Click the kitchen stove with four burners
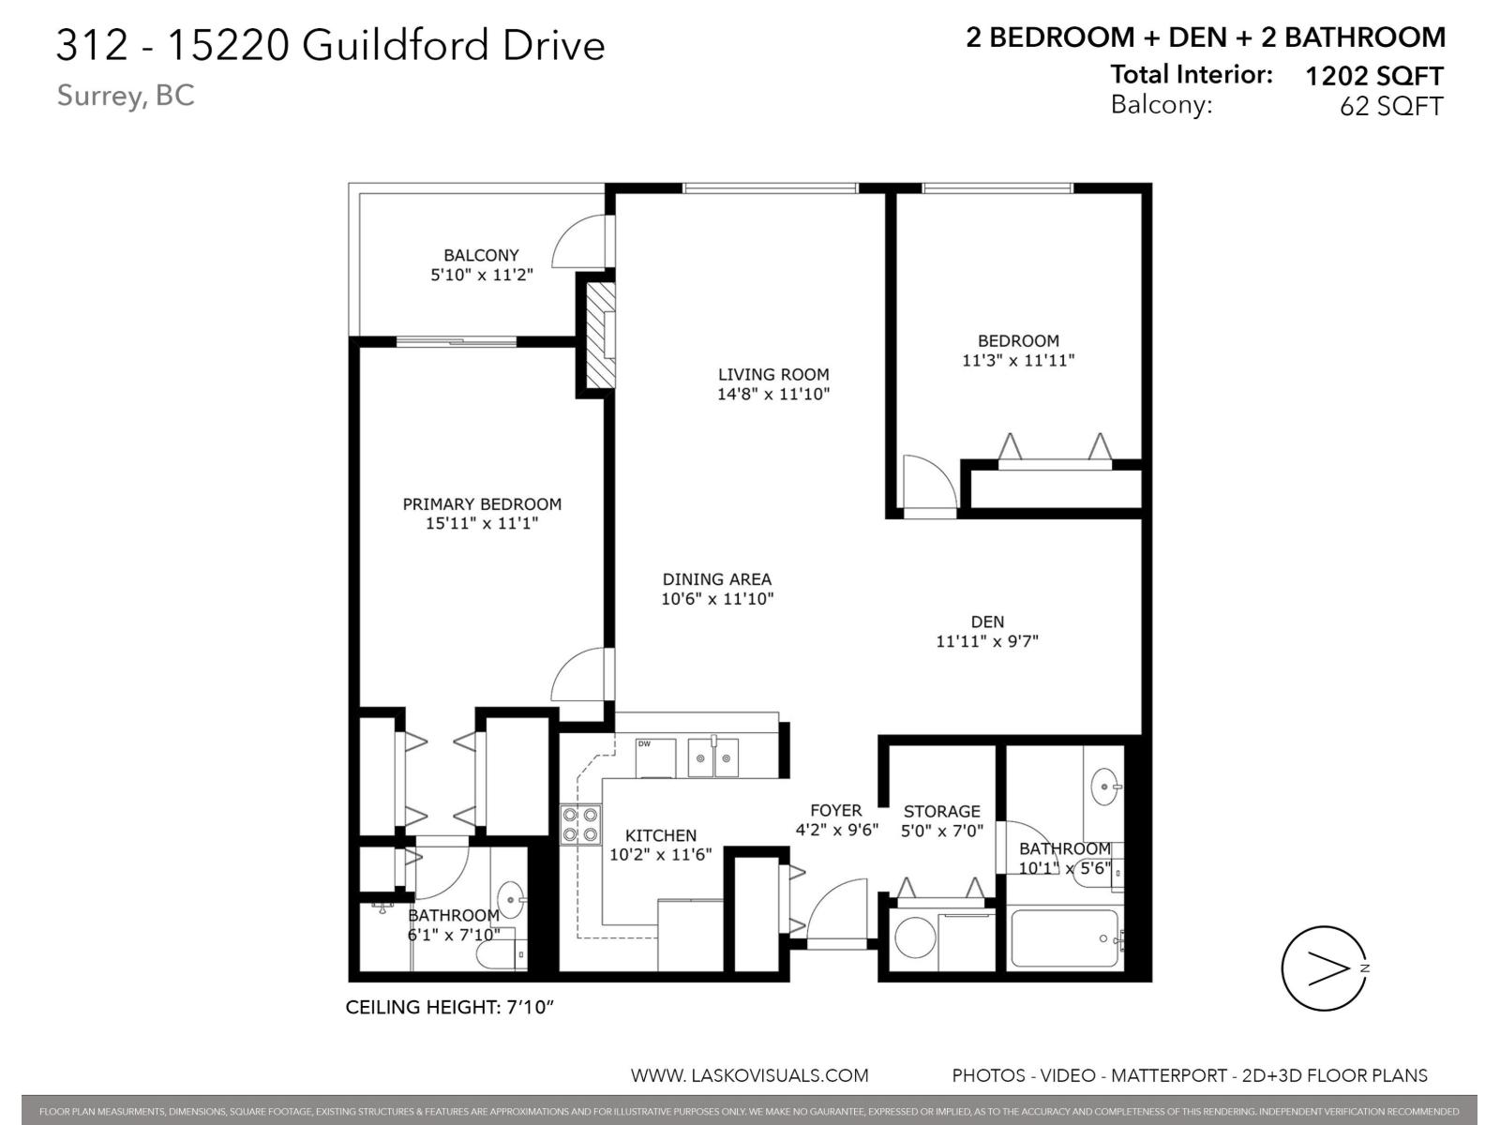(x=580, y=825)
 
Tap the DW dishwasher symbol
(x=655, y=757)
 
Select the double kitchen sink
(x=713, y=757)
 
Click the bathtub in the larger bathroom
(x=1065, y=938)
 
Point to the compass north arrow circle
(x=1322, y=968)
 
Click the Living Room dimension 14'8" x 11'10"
(x=773, y=395)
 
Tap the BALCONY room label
(x=481, y=255)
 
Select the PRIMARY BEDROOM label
(x=482, y=504)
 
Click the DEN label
(x=987, y=622)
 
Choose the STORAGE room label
(x=941, y=811)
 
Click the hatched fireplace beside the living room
(x=601, y=335)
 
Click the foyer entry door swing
(x=836, y=909)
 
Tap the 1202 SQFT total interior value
(x=1373, y=76)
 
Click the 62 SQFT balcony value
(x=1390, y=106)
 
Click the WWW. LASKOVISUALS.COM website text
(x=749, y=1075)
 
